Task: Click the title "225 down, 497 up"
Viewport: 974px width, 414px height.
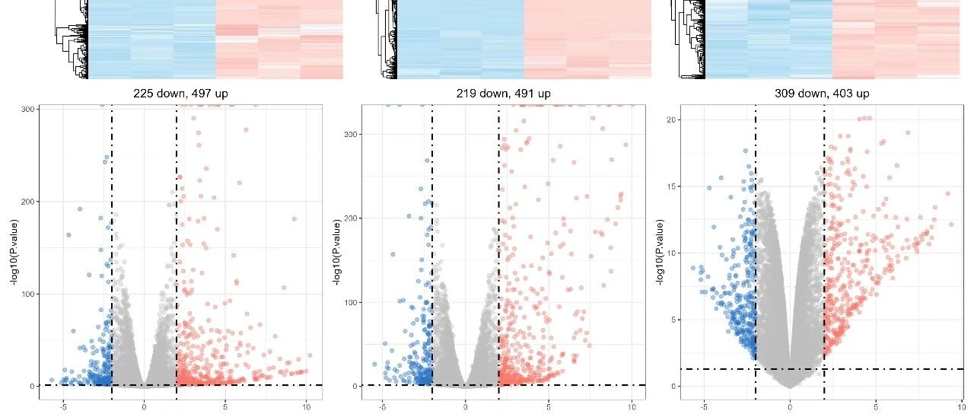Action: pyautogui.click(x=180, y=94)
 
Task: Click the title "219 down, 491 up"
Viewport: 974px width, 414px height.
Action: pyautogui.click(x=503, y=94)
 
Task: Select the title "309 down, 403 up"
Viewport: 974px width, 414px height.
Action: pyautogui.click(x=822, y=94)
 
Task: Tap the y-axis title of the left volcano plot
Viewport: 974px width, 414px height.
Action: pyautogui.click(x=15, y=253)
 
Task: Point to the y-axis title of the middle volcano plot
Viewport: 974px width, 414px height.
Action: pyautogui.click(x=336, y=253)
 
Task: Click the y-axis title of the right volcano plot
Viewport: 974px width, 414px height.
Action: pyautogui.click(x=660, y=253)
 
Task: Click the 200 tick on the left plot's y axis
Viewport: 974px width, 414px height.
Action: pyautogui.click(x=28, y=202)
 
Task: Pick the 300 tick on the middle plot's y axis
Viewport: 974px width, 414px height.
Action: pyautogui.click(x=351, y=135)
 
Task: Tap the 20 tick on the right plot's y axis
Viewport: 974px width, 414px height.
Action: pyautogui.click(x=672, y=119)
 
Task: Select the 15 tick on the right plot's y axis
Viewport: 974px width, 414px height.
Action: pyautogui.click(x=672, y=186)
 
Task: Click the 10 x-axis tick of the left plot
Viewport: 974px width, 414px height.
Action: pyautogui.click(x=306, y=407)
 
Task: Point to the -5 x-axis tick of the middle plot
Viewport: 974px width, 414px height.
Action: pyautogui.click(x=383, y=407)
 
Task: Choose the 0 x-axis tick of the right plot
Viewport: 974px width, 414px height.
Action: pyautogui.click(x=790, y=407)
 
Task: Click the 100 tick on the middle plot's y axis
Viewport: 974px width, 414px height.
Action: pyautogui.click(x=351, y=302)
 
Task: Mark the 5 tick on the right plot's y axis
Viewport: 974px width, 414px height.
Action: pyautogui.click(x=673, y=320)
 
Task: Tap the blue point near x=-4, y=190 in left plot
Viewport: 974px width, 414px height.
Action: pyautogui.click(x=80, y=209)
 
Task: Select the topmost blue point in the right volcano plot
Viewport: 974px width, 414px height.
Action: pyautogui.click(x=745, y=151)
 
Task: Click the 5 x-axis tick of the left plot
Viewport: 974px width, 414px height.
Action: pyautogui.click(x=225, y=407)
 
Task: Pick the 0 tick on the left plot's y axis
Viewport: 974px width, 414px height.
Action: pyautogui.click(x=33, y=386)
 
